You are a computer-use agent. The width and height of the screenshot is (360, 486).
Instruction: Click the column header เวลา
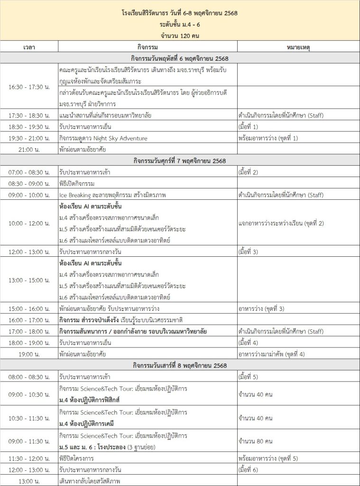coord(29,47)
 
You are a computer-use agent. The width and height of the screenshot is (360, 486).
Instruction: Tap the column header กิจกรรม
coord(148,47)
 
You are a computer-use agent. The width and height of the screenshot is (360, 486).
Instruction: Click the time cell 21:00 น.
coord(29,149)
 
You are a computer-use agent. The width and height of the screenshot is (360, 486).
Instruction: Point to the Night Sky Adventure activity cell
coord(103,138)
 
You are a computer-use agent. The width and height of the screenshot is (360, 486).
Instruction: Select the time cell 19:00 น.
coord(29,354)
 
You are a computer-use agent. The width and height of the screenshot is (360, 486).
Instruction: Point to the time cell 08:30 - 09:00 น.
coord(29,183)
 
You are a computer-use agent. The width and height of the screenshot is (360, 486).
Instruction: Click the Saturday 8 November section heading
coord(180,365)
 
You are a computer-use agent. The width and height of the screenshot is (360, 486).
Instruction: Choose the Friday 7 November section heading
coord(180,160)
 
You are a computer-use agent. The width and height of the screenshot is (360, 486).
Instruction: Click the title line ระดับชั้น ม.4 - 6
coord(180,24)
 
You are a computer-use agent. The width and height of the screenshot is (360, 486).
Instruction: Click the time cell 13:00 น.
coord(29,481)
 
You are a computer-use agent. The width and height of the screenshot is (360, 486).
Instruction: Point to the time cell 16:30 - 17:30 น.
coord(29,87)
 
